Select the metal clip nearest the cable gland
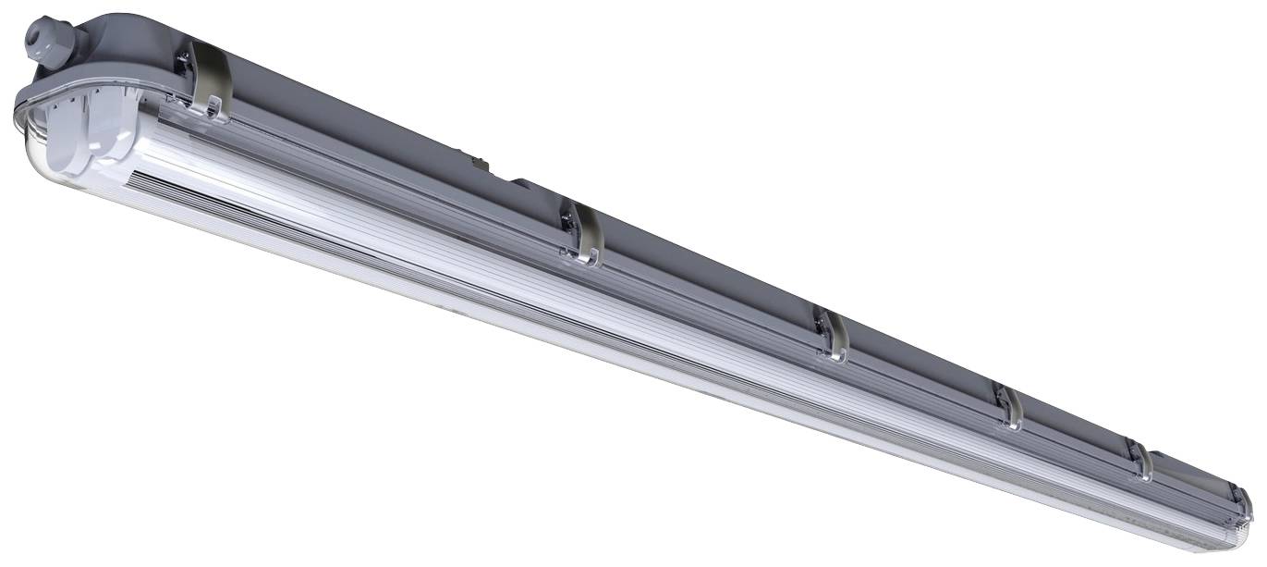[209, 83]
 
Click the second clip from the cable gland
[583, 235]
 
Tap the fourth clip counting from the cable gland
[1009, 407]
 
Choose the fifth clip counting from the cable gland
[1141, 460]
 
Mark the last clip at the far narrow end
[1243, 500]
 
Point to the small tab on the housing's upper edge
[480, 165]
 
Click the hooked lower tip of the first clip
[218, 116]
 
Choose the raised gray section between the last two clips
[1192, 472]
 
